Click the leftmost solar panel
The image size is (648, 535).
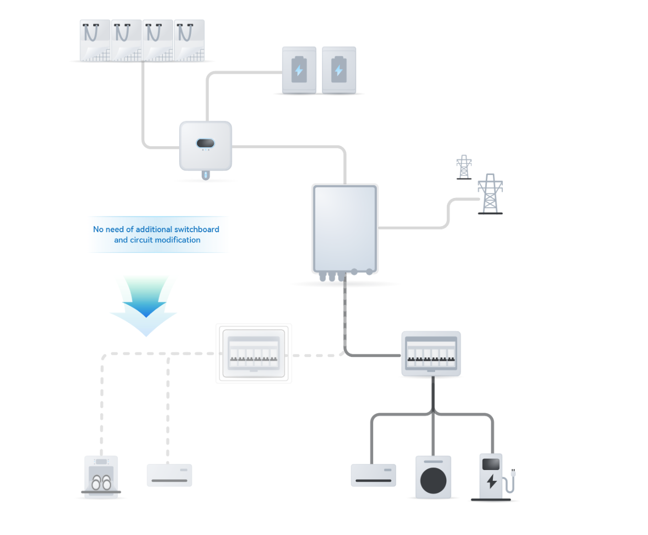point(95,41)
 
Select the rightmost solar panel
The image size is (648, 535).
point(189,41)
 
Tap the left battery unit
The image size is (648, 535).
point(299,70)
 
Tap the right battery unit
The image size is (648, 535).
point(339,70)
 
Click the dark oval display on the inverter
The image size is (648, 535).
point(205,143)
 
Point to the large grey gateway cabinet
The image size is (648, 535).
point(344,229)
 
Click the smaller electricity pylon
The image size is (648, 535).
point(464,167)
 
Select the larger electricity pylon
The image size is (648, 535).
point(490,194)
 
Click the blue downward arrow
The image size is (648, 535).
point(146,302)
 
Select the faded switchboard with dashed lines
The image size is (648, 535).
point(254,353)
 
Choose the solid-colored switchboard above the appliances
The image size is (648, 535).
point(431,353)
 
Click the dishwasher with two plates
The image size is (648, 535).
point(101,476)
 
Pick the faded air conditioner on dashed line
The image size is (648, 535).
point(169,475)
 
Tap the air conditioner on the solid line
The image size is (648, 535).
point(373,475)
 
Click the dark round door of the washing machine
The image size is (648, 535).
point(433,481)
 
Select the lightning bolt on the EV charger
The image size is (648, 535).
point(491,481)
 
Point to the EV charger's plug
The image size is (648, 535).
point(513,473)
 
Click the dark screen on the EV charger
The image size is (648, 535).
point(491,464)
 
